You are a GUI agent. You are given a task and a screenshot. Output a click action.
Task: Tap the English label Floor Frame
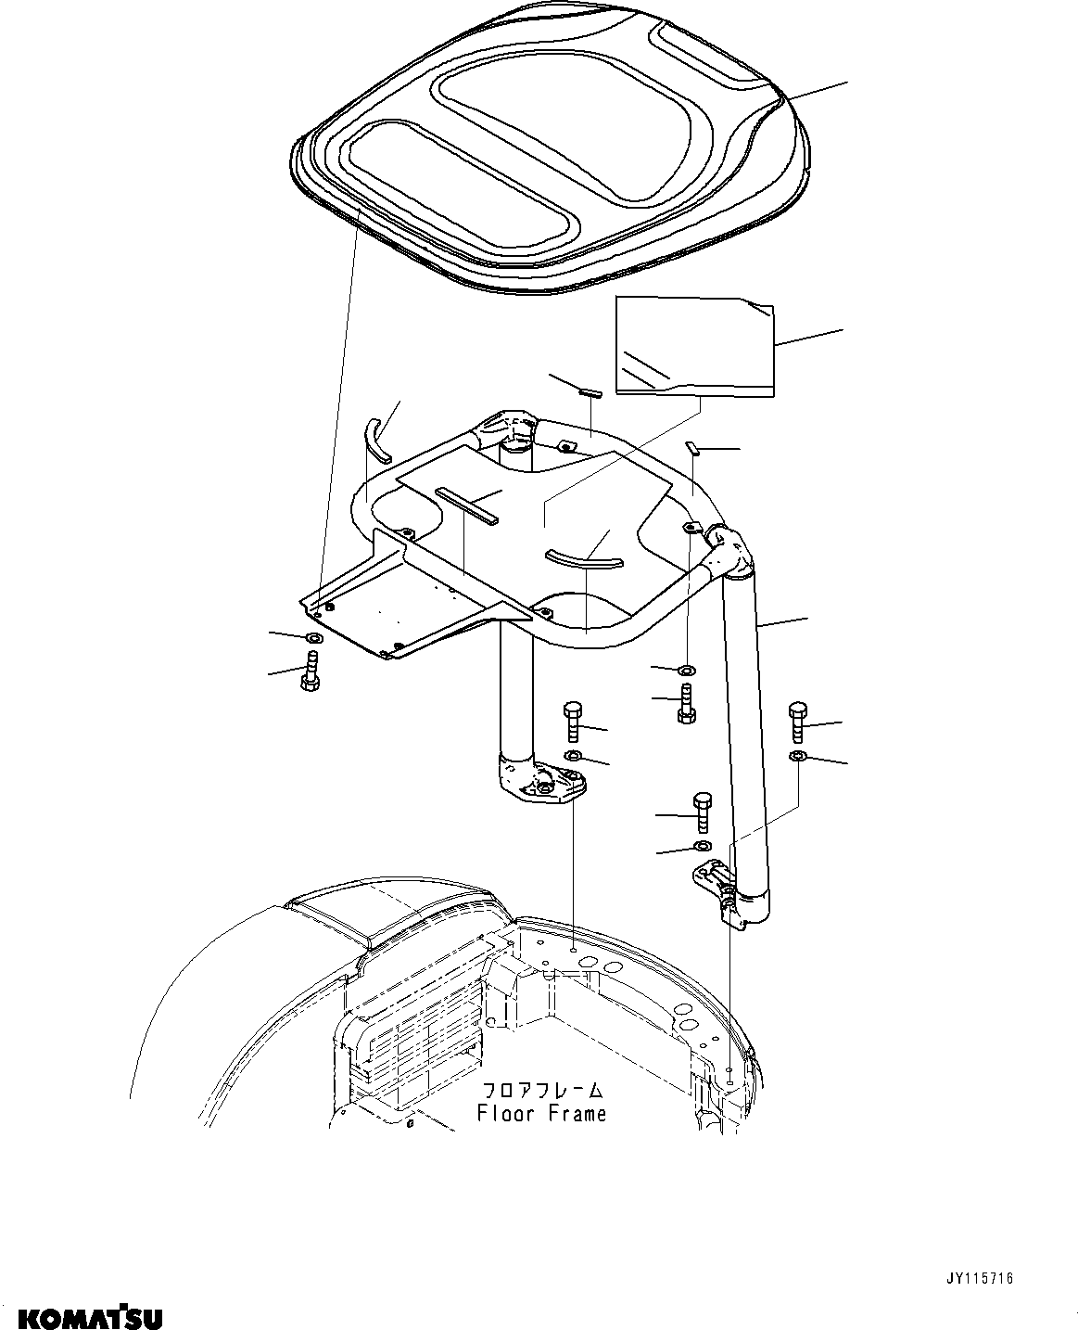(541, 1113)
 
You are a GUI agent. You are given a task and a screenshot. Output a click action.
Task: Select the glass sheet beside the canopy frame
(695, 345)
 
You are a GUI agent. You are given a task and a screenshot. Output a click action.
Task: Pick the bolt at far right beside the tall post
(798, 723)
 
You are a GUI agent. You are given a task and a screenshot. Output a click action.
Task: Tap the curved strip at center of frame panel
(584, 556)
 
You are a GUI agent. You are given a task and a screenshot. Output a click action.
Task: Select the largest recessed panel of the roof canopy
(565, 130)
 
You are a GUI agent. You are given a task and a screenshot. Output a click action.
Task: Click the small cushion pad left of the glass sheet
(590, 392)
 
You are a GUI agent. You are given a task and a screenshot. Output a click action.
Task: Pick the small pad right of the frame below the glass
(691, 449)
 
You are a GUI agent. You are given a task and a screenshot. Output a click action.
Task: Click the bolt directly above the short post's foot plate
(571, 722)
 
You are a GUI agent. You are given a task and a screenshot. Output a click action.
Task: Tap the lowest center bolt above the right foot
(702, 813)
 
